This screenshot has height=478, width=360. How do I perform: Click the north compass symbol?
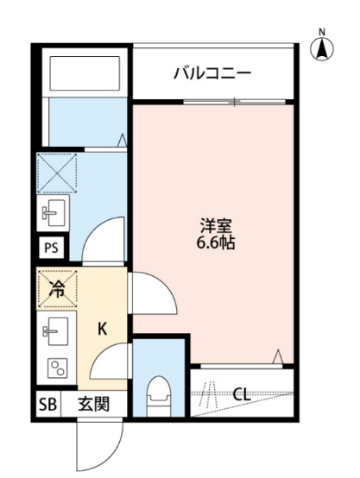pyautogui.click(x=322, y=48)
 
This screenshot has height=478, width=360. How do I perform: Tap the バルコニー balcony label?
pyautogui.click(x=212, y=73)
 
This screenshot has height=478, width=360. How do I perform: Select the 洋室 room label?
pyautogui.click(x=215, y=227)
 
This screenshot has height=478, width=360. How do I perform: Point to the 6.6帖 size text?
pyautogui.click(x=215, y=243)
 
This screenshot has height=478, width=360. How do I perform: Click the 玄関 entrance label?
pyautogui.click(x=94, y=404)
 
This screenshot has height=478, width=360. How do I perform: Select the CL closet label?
pyautogui.click(x=243, y=394)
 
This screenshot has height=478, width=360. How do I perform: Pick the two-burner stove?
pyautogui.click(x=57, y=369)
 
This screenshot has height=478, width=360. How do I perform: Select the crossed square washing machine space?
pyautogui.click(x=58, y=172)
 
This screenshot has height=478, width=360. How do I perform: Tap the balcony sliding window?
pyautogui.click(x=233, y=103)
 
